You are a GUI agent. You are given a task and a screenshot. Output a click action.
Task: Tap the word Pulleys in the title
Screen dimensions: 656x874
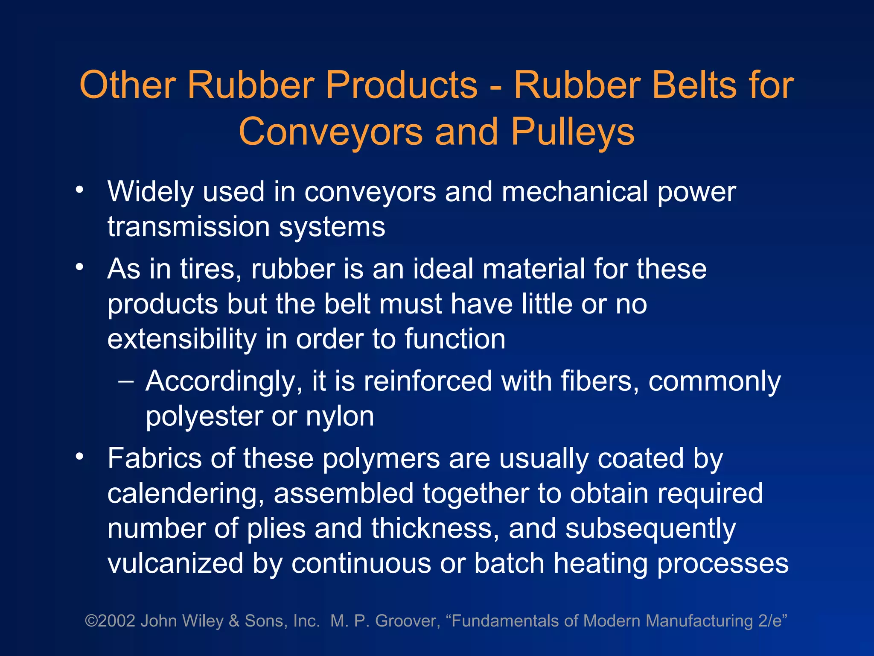point(573,132)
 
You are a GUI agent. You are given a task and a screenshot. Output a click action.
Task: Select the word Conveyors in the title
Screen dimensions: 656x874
point(331,132)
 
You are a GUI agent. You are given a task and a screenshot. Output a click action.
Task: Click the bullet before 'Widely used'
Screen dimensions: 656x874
point(79,189)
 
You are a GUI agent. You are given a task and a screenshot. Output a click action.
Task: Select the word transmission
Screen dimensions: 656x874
point(188,227)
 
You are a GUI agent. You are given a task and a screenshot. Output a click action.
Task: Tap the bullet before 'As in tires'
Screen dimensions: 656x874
point(79,267)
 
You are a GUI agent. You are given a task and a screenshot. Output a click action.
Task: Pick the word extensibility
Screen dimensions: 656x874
point(182,339)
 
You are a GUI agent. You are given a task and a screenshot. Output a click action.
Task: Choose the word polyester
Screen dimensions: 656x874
point(204,416)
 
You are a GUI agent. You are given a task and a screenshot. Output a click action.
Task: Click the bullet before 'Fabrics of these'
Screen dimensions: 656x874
point(79,457)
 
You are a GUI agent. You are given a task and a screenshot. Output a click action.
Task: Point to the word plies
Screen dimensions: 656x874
point(276,529)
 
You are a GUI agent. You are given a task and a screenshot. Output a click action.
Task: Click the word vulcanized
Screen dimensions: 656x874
point(175,563)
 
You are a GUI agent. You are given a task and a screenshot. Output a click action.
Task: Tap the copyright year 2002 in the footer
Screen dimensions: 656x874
point(117,621)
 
